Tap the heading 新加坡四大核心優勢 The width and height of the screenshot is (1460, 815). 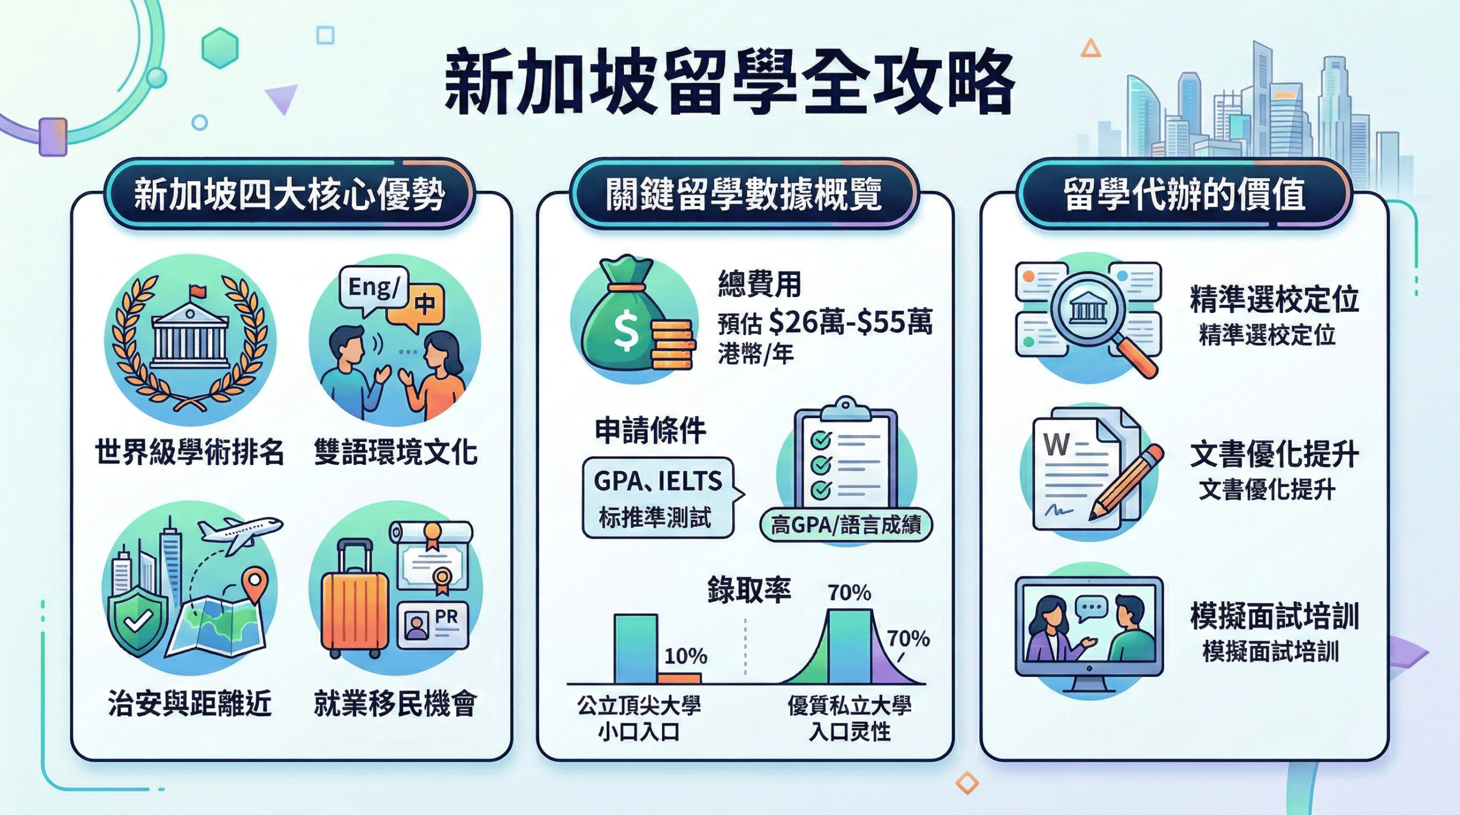tap(290, 194)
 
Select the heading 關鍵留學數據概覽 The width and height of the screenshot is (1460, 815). tap(744, 194)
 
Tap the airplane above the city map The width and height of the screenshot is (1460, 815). tap(240, 533)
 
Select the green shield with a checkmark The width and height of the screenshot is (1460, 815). tap(139, 622)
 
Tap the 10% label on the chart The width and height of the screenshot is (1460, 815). tap(686, 656)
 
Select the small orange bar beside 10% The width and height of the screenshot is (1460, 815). tap(679, 678)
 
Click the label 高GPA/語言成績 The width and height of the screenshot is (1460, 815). tap(846, 525)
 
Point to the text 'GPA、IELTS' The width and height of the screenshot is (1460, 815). tap(658, 481)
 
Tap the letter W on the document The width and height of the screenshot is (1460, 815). tap(1057, 444)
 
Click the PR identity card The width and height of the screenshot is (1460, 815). tap(433, 625)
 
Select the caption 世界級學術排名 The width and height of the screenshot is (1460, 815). tap(189, 452)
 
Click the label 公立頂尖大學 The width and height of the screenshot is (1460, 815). tap(639, 705)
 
